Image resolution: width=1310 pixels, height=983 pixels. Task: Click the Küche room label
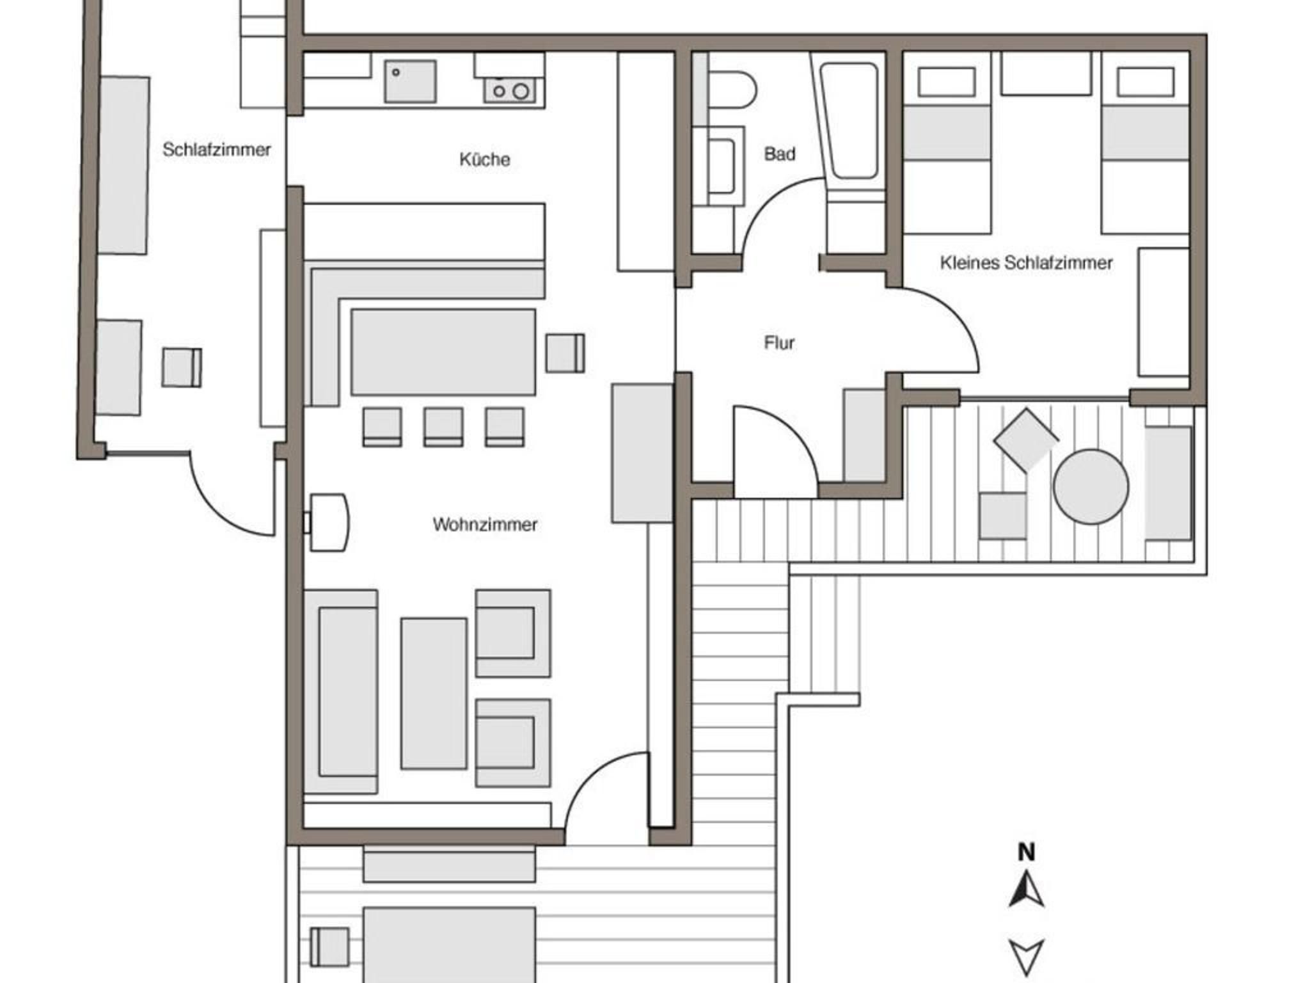point(484,159)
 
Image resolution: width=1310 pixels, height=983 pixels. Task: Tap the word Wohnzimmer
point(485,525)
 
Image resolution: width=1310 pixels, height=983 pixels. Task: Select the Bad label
point(780,154)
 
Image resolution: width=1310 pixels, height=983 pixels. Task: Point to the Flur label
point(779,343)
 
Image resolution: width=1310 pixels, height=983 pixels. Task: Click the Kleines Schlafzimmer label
point(1026,262)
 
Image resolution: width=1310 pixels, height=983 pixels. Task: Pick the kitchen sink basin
point(410,81)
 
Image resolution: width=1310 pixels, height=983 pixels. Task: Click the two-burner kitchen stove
point(514,90)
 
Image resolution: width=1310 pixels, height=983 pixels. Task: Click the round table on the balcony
point(1091,486)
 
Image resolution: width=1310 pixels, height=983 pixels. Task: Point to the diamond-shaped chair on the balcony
point(1026,440)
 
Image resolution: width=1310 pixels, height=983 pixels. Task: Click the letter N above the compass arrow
point(1026,852)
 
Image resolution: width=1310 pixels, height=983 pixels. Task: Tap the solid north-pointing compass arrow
point(1026,890)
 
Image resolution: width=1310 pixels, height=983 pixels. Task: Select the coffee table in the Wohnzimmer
point(434,693)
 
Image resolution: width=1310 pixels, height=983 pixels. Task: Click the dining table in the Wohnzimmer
point(443,352)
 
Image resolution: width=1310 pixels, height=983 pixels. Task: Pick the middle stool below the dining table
point(443,427)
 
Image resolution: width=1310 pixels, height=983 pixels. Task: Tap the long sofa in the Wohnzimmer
point(341,692)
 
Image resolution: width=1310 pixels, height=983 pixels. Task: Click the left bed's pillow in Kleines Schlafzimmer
point(947,82)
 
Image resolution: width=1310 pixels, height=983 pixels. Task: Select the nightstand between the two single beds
point(1046,74)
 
